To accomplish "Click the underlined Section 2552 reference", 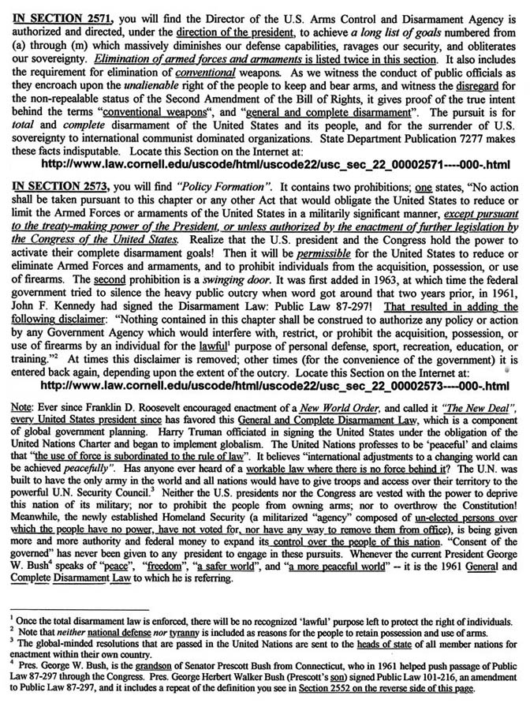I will pyautogui.click(x=336, y=697).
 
